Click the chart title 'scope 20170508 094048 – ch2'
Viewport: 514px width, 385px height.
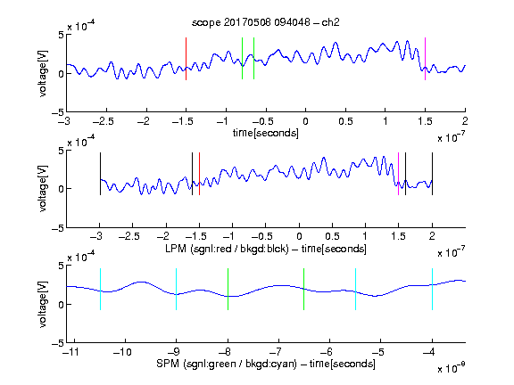click(266, 22)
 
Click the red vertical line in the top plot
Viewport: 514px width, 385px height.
click(186, 59)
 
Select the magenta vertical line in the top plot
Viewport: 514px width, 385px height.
click(425, 59)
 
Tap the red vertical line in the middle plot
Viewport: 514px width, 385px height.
click(199, 174)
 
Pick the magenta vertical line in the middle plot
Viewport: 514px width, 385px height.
click(398, 174)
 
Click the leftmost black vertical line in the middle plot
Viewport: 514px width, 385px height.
click(100, 174)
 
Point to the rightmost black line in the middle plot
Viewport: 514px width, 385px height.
click(433, 174)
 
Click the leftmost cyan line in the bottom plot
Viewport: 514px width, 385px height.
click(100, 289)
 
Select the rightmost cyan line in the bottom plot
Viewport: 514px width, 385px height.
click(433, 289)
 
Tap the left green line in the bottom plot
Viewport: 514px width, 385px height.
click(228, 289)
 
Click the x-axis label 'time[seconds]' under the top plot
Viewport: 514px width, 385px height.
click(266, 133)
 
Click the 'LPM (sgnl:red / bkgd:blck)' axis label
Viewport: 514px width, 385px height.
click(227, 249)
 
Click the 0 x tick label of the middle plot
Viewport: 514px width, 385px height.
click(299, 236)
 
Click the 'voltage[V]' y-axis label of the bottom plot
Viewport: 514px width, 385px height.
click(43, 304)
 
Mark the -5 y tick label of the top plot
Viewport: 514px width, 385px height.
click(58, 112)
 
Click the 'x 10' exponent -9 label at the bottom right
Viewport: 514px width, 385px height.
click(451, 368)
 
